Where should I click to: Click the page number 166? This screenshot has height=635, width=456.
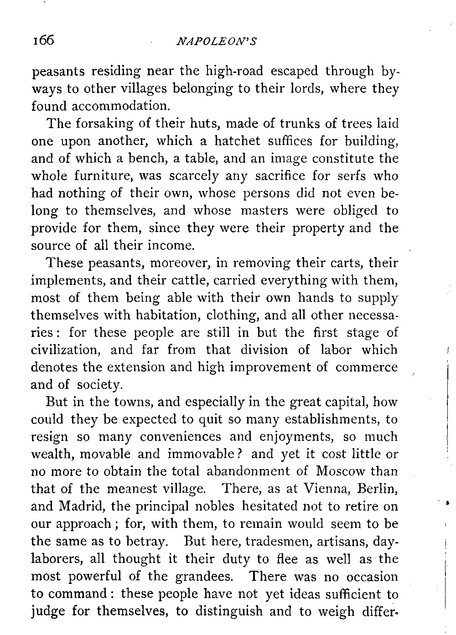coord(43,41)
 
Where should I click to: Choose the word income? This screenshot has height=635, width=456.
coord(171,246)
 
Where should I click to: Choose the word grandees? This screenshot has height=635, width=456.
coord(205,576)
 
